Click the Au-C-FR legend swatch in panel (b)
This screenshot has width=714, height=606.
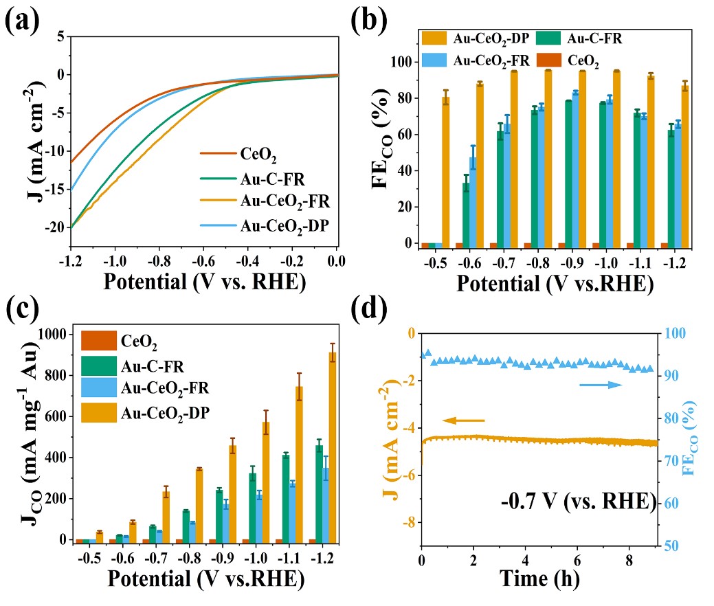(544, 38)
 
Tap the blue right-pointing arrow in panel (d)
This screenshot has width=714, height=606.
(601, 385)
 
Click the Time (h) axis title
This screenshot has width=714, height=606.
(539, 579)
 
